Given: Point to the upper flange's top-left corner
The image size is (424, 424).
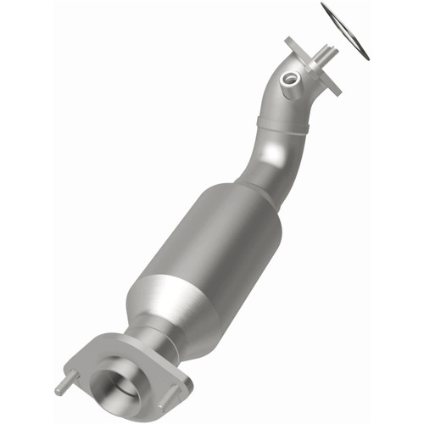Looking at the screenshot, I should pyautogui.click(x=291, y=41).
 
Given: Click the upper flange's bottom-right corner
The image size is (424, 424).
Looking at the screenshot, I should pyautogui.click(x=337, y=88).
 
